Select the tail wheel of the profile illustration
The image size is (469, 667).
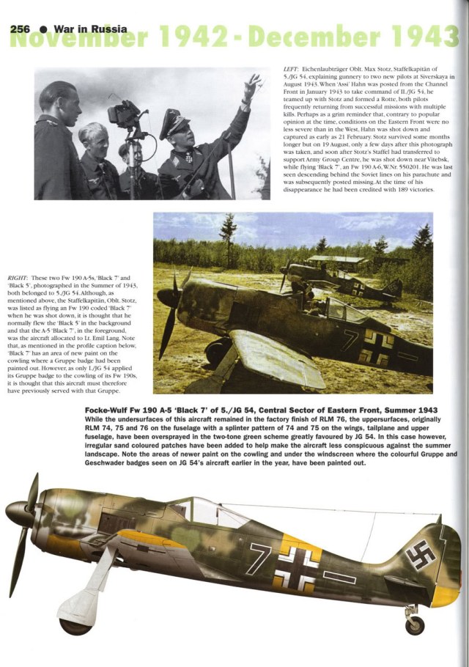pos(415,624)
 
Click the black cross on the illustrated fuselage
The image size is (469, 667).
pos(297,566)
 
